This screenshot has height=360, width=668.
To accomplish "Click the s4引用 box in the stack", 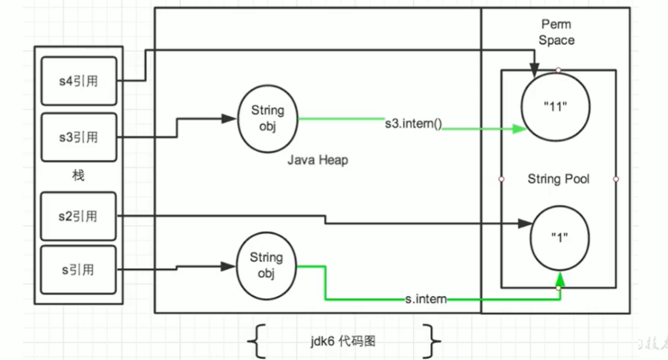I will (x=78, y=81).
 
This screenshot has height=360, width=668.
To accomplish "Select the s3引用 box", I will (x=78, y=136).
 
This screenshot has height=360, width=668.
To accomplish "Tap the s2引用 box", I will (x=78, y=216).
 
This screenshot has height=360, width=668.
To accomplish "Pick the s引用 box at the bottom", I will (x=78, y=270).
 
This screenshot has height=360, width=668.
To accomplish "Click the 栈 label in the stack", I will (x=78, y=176).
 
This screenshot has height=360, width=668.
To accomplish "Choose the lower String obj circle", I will (x=266, y=265).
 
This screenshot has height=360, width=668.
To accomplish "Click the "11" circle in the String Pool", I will (x=555, y=106).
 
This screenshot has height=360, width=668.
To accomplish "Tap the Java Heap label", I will (x=317, y=160).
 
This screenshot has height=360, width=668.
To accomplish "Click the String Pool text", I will (x=558, y=179).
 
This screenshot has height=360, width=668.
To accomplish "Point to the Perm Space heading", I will (x=557, y=33).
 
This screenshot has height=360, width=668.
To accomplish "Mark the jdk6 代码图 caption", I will (x=343, y=341).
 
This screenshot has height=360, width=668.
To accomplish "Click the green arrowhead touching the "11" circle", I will (x=520, y=129).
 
